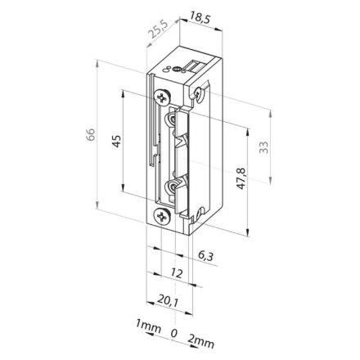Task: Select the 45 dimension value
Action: click(x=117, y=141)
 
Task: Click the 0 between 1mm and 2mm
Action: click(x=173, y=332)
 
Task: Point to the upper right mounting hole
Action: click(x=197, y=95)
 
